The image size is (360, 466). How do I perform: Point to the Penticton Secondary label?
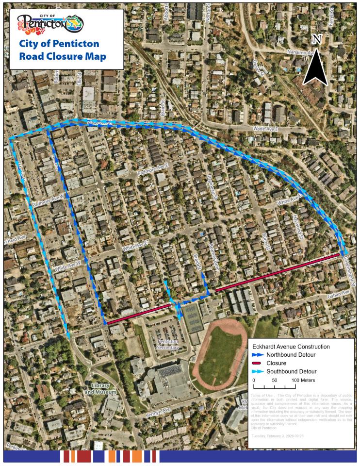tap(168, 345)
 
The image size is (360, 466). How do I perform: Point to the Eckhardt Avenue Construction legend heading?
tap(291, 347)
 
